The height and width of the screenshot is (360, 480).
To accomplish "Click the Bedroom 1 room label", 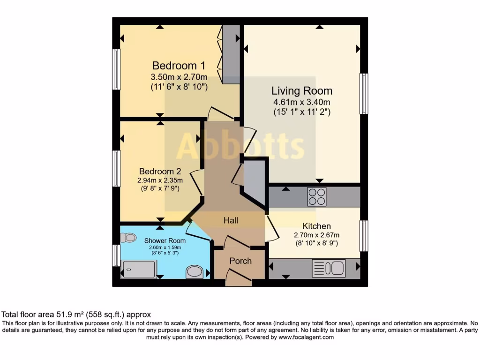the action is pos(179,66).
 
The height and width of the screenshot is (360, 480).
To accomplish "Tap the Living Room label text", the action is pos(302,91).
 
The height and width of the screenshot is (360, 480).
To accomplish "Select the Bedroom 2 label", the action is pos(160,172).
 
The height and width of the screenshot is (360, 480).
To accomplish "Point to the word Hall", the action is pos(231,220).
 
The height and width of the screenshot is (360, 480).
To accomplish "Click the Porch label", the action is pos(240,261).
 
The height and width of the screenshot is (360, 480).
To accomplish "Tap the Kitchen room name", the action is pos(316,226).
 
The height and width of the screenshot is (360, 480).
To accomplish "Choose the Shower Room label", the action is pos(165,240).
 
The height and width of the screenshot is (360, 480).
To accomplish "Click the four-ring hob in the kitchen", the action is pos(317,196).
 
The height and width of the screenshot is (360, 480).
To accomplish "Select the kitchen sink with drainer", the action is pos(329,268).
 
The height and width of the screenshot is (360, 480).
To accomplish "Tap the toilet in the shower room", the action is pos(128,238).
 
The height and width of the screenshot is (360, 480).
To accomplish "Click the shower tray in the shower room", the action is pos(139,270).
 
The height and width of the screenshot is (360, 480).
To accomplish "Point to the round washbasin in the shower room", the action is pos(195,271).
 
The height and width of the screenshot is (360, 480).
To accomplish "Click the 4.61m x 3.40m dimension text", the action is pos(302,102).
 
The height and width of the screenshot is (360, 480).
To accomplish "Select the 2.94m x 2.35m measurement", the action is pos(160,180).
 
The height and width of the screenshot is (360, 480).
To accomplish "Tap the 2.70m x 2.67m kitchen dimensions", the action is pos(316,235).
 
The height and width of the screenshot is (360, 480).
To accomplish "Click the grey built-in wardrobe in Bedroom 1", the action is pos(231,54).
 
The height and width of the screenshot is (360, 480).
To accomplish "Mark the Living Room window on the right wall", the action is pos(364,94).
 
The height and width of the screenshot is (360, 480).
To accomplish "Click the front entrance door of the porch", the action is pos(239,277).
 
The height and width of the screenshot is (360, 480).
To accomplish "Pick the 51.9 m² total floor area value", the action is pos(65,315).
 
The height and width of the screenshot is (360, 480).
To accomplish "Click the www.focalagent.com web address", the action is pos(306,337).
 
